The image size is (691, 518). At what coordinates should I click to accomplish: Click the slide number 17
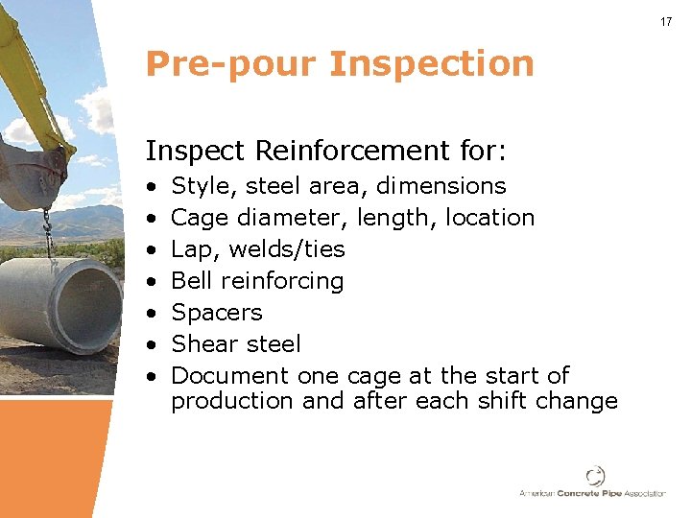click(666, 21)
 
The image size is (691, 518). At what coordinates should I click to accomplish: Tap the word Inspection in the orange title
click(431, 64)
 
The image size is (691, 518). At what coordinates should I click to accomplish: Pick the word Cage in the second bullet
click(199, 218)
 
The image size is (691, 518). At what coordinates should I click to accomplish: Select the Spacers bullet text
click(216, 313)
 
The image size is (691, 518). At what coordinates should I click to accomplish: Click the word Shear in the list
click(203, 343)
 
